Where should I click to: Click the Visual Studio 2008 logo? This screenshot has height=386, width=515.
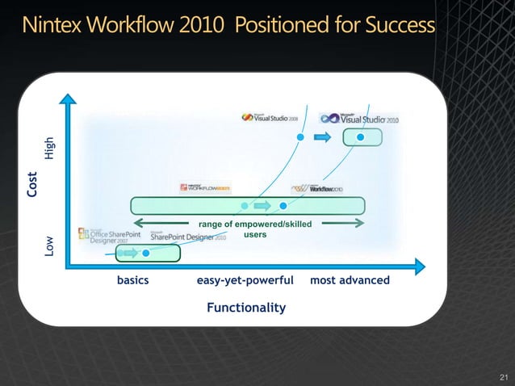click(270, 117)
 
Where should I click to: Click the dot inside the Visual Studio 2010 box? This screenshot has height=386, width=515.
click(362, 137)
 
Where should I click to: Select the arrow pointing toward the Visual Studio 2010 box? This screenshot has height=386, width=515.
click(322, 138)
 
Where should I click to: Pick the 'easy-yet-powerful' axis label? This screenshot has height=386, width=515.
click(245, 280)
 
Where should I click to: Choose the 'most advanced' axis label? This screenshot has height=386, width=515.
click(350, 280)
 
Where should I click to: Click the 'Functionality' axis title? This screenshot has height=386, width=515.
click(245, 308)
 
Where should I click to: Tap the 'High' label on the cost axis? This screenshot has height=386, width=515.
click(49, 146)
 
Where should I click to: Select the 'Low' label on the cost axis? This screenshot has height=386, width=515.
click(49, 245)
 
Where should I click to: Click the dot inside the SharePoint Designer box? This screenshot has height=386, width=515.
click(146, 253)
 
